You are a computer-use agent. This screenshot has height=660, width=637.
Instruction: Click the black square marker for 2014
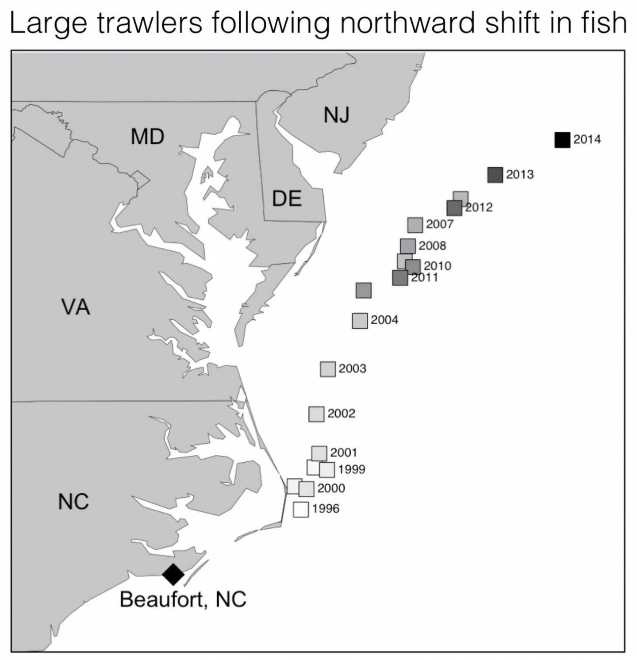562,140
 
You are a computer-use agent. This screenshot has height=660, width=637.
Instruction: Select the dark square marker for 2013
495,175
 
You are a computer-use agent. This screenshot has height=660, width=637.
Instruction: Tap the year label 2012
480,207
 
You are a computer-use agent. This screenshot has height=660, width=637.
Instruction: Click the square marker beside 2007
415,225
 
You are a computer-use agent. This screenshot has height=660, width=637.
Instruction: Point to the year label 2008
432,246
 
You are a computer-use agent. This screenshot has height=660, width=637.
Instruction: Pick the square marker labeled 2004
360,320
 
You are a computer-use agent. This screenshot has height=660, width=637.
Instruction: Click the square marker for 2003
328,369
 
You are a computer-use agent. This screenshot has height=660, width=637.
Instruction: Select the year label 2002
342,413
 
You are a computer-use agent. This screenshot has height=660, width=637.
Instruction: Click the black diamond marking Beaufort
173,574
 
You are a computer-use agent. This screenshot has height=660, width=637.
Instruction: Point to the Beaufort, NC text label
183,599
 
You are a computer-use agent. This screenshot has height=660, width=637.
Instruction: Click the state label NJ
337,115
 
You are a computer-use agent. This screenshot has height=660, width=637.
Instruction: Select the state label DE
287,198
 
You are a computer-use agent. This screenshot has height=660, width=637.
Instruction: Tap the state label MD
147,136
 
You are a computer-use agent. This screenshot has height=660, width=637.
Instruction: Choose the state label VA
76,307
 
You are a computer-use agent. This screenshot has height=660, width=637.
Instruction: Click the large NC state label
73,502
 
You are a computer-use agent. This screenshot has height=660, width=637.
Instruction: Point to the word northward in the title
407,23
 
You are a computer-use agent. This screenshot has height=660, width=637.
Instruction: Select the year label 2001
344,453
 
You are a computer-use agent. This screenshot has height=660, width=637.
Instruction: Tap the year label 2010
437,266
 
